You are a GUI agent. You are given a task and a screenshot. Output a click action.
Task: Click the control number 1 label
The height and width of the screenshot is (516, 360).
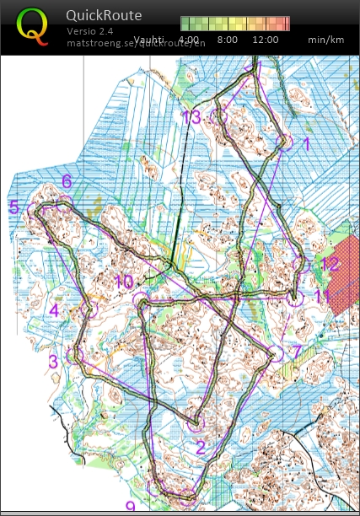click(306, 144)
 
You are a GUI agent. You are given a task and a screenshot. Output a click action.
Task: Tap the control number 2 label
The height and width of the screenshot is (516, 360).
click(201, 447)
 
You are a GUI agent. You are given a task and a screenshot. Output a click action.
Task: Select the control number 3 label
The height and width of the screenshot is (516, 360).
click(53, 362)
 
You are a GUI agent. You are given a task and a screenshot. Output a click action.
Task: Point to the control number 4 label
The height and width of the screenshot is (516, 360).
click(54, 309)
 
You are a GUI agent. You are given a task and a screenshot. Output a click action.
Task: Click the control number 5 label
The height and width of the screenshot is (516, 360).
click(13, 207)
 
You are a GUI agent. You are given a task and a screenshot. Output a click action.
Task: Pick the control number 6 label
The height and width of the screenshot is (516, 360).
click(66, 181)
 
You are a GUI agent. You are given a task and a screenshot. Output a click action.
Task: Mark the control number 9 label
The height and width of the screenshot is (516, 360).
click(130, 507)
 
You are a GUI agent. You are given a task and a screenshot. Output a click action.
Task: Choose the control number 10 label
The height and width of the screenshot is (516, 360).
click(123, 282)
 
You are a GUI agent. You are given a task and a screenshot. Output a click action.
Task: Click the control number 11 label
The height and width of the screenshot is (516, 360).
click(321, 296)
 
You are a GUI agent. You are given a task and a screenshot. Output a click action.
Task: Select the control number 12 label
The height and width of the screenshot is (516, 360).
click(330, 265)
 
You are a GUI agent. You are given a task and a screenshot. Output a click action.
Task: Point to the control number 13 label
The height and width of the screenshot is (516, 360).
click(191, 117)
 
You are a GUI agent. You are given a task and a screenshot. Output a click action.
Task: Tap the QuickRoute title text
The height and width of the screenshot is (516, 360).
click(104, 15)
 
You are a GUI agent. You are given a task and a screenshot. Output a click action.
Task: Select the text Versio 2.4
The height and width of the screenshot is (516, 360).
click(92, 30)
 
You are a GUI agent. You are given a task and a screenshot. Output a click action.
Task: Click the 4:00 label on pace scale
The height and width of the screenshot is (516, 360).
click(189, 40)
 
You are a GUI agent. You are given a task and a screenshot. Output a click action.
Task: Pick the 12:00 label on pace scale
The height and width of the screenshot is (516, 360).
click(265, 40)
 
